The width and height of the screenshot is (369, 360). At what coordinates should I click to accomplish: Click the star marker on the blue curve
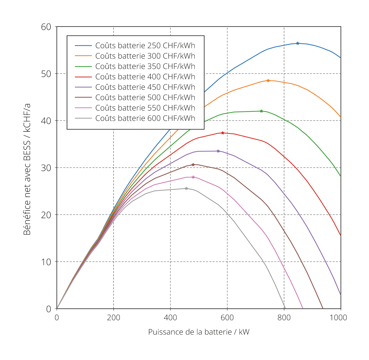click(298, 43)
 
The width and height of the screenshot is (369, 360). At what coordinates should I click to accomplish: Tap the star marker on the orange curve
click(268, 80)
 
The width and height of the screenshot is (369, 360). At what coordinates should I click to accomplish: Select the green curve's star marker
click(261, 111)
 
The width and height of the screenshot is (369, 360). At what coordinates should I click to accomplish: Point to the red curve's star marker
click(223, 133)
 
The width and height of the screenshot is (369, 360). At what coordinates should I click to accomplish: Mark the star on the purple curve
click(218, 151)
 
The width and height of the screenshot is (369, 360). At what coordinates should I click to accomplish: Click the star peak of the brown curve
click(193, 164)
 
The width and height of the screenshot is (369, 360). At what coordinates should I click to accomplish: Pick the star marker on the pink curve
click(193, 177)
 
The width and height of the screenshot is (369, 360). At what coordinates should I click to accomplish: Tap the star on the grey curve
click(186, 188)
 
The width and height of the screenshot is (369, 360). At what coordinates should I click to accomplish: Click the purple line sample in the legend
click(83, 87)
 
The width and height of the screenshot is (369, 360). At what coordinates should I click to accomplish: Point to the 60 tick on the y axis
click(46, 27)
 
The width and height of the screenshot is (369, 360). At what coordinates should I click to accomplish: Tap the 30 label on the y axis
click(46, 168)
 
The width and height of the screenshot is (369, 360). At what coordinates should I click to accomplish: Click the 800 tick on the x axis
click(284, 317)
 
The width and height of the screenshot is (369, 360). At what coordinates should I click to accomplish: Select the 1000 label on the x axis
click(338, 317)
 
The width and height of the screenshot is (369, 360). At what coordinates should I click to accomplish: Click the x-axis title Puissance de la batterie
click(199, 332)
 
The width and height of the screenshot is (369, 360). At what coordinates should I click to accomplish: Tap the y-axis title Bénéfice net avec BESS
click(27, 169)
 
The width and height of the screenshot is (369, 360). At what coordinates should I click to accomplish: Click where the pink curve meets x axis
click(303, 308)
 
